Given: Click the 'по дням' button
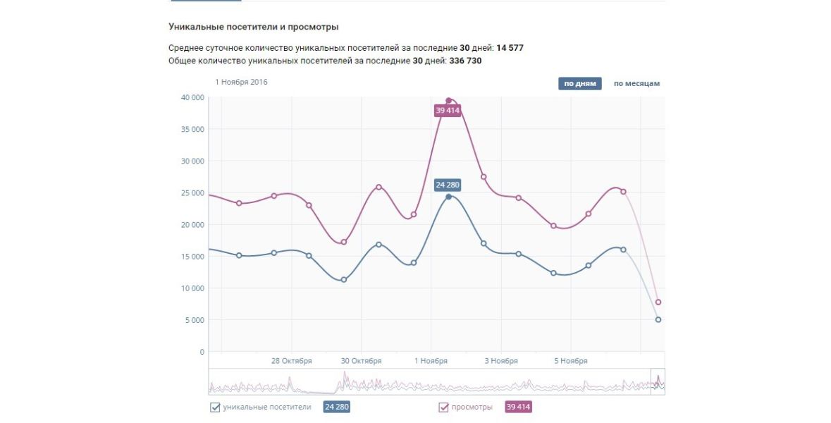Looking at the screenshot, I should (x=580, y=84).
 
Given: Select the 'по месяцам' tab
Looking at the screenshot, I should (x=636, y=84).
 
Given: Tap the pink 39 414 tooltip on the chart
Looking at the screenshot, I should (x=448, y=111).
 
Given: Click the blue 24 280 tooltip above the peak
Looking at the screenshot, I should (x=448, y=185).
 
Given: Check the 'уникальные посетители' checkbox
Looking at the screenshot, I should (x=215, y=407).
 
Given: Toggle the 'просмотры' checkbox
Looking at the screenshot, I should (x=444, y=407).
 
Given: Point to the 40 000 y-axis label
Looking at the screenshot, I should (x=192, y=97).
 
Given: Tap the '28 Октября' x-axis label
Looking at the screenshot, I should (x=291, y=361).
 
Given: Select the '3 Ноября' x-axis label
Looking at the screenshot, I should (x=500, y=361).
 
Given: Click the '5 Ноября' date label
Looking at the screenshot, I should (x=570, y=361).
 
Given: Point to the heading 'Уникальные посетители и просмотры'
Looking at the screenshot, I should (x=254, y=27).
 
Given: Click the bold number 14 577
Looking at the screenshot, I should (x=510, y=48).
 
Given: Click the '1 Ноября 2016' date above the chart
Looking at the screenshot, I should (x=241, y=82).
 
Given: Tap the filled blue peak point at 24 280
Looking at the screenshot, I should (x=448, y=197).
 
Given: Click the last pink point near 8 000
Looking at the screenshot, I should (x=658, y=302).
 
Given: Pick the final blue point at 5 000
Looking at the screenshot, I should (x=658, y=320).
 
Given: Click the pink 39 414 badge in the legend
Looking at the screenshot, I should (x=518, y=407).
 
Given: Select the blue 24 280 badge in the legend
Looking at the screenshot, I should (x=336, y=407).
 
